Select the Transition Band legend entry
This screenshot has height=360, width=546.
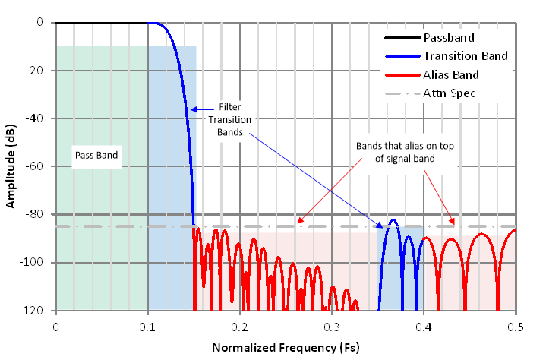465,55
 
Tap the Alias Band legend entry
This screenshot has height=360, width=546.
451,74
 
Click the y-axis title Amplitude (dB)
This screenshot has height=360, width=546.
13,166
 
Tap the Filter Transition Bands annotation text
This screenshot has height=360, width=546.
230,119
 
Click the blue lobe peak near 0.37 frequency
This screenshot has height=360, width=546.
393,220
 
